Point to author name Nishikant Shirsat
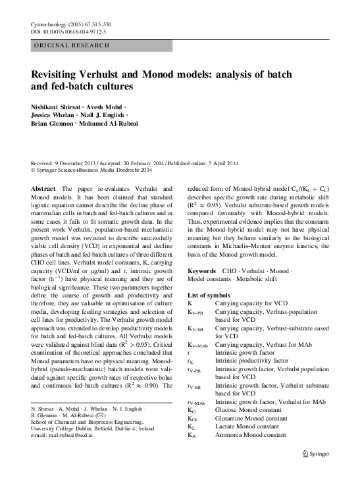58,107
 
